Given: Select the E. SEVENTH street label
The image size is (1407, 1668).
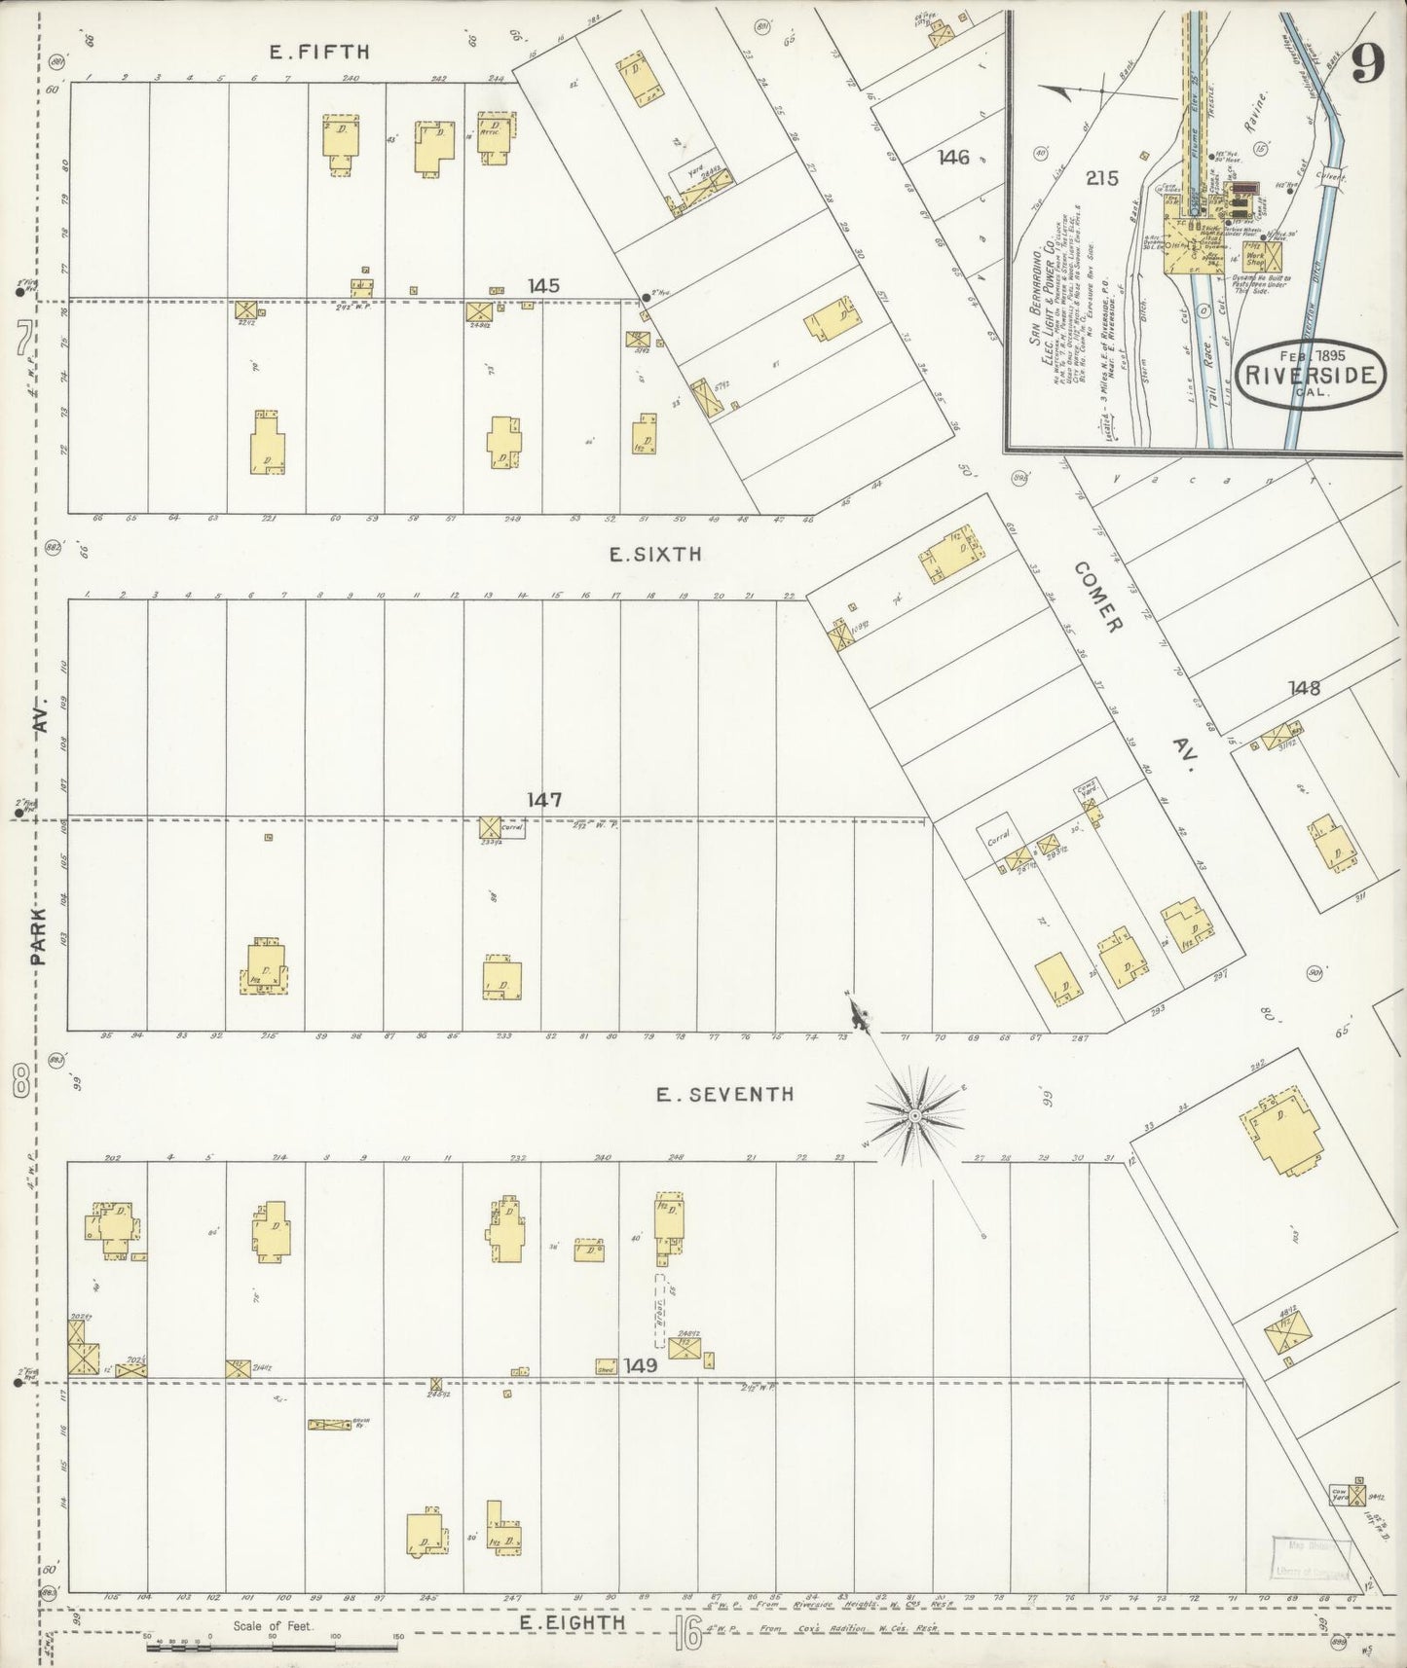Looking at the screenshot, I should click(724, 1094).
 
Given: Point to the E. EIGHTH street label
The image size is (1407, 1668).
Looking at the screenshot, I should click(571, 1623).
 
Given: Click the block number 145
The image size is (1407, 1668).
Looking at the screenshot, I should click(543, 286).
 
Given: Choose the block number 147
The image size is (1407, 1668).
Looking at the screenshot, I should click(544, 800).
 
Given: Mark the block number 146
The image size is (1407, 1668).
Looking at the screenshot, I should click(953, 156).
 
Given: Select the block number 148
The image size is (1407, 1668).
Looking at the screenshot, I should click(1304, 688).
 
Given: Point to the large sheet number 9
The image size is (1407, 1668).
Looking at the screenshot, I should click(1368, 66).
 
